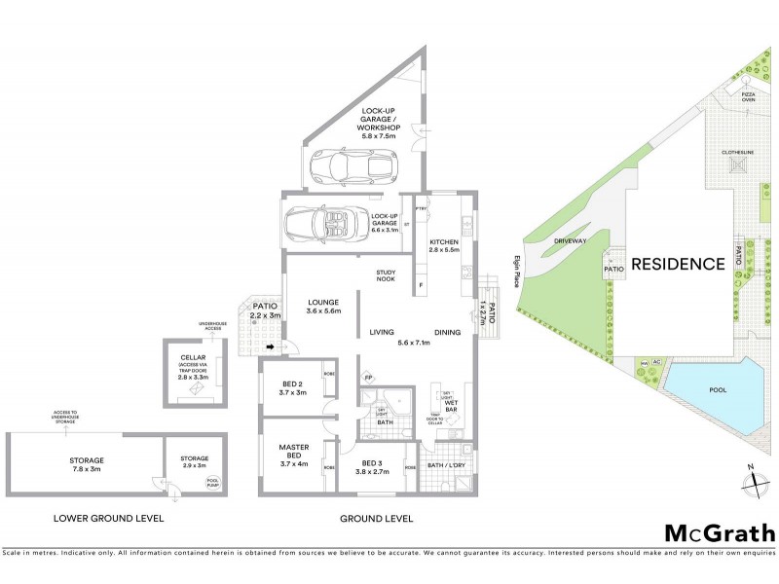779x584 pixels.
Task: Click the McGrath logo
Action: point(720,532)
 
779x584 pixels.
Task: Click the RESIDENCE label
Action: point(678,263)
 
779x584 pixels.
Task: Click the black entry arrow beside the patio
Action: point(270,347)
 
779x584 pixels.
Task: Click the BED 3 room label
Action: point(375,467)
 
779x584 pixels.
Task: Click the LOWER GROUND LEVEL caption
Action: point(109,518)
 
